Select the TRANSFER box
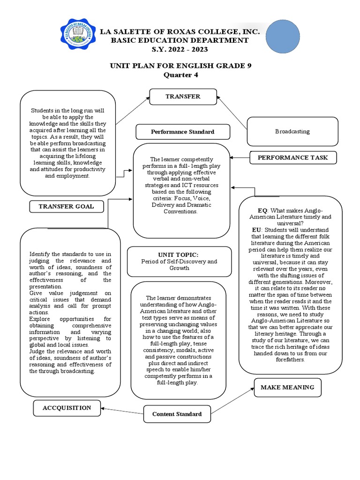[183, 97]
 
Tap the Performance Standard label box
[182, 132]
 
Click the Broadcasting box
[292, 131]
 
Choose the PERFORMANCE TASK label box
[293, 158]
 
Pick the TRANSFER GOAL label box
[66, 206]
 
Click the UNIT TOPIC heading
[175, 254]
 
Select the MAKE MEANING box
[287, 387]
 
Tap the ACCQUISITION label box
[67, 408]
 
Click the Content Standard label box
[177, 414]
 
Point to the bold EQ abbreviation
[262, 210]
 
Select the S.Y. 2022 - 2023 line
[180, 49]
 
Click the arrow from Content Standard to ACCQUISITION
[122, 411]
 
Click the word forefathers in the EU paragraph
[291, 360]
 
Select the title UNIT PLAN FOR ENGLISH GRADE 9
[180, 66]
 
